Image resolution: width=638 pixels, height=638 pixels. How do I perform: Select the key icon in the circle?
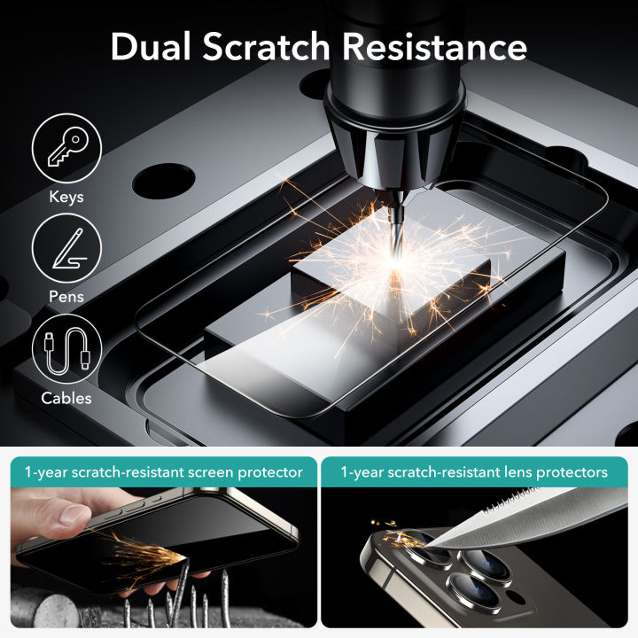pyautogui.click(x=66, y=148)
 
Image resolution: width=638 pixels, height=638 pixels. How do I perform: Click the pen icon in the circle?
pyautogui.click(x=66, y=248)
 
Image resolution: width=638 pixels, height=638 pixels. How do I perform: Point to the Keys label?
pyautogui.click(x=66, y=197)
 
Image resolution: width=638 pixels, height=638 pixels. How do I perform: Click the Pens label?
pyautogui.click(x=66, y=297)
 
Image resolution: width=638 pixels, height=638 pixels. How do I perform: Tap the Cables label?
pyautogui.click(x=66, y=398)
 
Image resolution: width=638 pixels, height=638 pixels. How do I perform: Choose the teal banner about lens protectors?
pyautogui.click(x=474, y=472)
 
